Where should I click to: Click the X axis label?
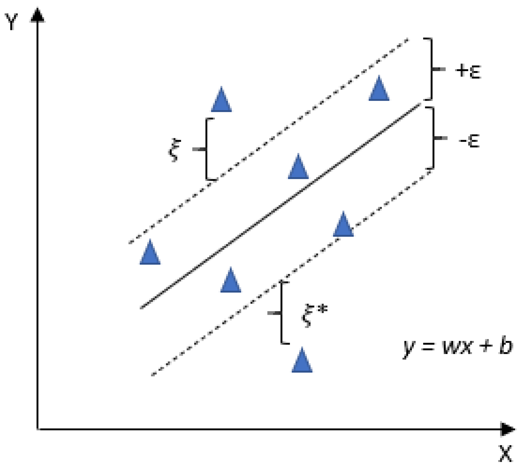click(x=505, y=453)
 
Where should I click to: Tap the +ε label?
click(x=468, y=71)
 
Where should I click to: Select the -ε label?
click(x=469, y=140)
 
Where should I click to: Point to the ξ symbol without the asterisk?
click(x=174, y=150)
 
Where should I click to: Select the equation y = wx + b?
click(x=457, y=347)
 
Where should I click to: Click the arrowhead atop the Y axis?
click(x=37, y=15)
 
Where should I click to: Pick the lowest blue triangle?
click(x=302, y=360)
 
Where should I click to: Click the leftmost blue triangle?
click(x=150, y=252)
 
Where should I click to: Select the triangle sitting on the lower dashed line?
click(x=343, y=224)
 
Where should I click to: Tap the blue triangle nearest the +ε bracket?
click(x=379, y=88)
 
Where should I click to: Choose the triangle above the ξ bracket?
click(x=221, y=99)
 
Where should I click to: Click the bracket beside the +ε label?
click(x=432, y=69)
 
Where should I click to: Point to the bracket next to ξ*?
click(x=281, y=313)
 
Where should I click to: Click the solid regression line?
click(x=281, y=206)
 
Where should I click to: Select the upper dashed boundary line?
click(x=268, y=141)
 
